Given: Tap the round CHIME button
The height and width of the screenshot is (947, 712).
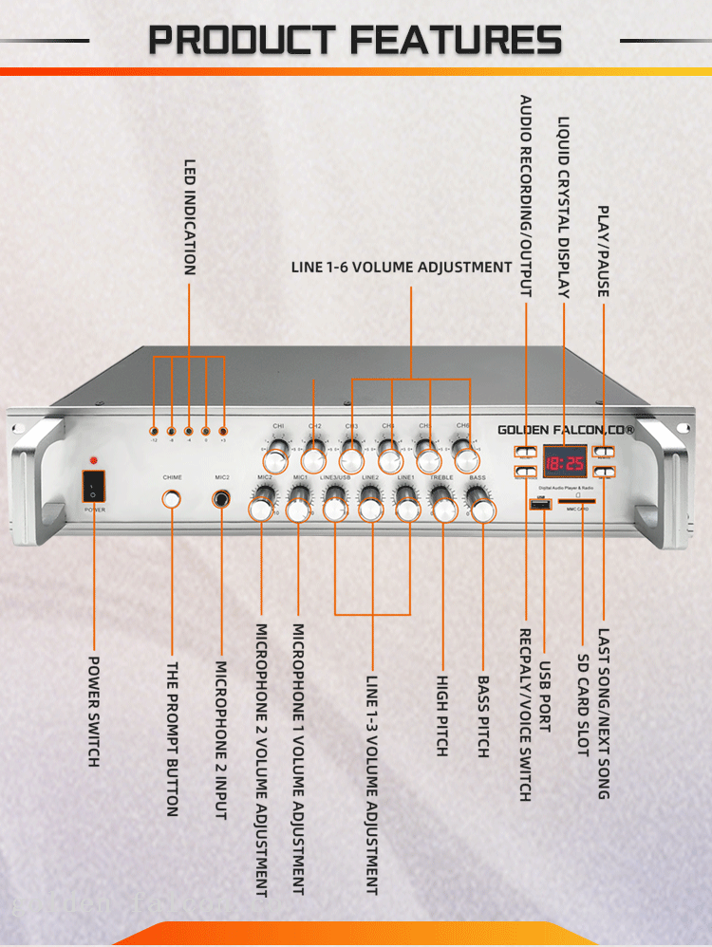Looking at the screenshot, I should coord(172,498).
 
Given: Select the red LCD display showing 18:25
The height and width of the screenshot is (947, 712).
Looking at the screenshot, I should coord(564,462).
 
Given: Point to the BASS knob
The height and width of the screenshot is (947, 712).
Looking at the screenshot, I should coord(483,510).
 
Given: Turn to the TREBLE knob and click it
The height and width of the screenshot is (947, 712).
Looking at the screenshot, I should coord(444,510).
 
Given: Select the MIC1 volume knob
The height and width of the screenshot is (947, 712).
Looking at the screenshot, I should coord(298,510).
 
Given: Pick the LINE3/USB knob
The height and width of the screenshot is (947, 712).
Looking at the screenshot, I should coord(334,510).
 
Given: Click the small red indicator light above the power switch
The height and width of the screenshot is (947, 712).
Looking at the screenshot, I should coord(93,460).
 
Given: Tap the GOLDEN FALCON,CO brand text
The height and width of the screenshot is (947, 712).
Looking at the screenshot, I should coord(566,430).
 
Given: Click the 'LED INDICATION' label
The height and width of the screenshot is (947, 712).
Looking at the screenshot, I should coord(190,217).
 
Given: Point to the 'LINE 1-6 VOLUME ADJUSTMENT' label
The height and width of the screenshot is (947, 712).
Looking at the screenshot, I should coord(402,268).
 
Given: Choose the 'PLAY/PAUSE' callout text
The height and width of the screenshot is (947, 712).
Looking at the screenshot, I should coord(602,251).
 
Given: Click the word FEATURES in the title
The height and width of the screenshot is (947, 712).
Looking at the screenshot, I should coord(456,41).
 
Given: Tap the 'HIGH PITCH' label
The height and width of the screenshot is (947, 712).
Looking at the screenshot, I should coord(442,715).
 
